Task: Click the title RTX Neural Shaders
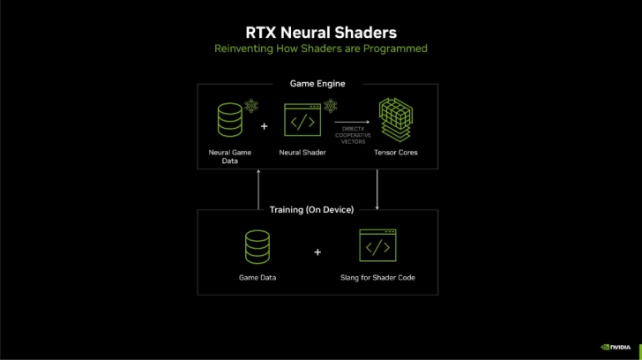click(320, 32)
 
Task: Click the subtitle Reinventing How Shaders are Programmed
click(320, 49)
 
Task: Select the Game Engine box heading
click(317, 84)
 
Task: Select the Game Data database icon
click(258, 248)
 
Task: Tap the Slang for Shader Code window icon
click(377, 247)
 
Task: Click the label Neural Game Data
click(230, 156)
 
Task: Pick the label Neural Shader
click(302, 153)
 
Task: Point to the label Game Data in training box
click(258, 278)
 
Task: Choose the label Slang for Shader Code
click(377, 278)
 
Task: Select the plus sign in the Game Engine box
click(265, 126)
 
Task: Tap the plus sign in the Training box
click(317, 251)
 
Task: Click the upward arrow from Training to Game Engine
click(258, 189)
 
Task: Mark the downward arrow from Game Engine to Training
click(377, 189)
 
